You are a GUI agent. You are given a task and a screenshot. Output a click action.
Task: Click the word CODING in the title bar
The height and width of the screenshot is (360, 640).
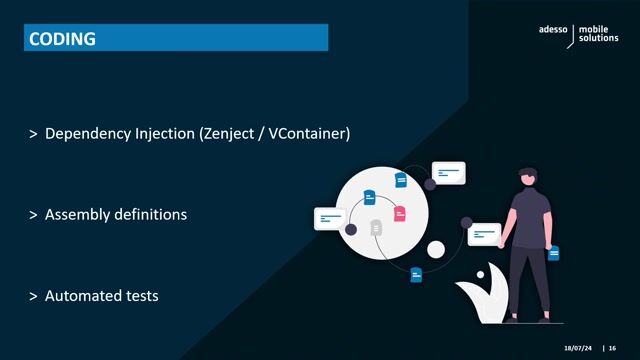point(62,39)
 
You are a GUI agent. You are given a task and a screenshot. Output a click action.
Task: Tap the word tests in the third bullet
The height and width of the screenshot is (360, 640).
point(141,296)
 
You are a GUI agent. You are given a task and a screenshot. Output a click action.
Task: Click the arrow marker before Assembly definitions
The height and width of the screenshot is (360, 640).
point(34,215)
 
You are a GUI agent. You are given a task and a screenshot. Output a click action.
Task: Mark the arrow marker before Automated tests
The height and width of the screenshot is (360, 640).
point(34,296)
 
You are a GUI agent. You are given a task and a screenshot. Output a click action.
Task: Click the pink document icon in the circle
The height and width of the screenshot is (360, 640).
point(399,214)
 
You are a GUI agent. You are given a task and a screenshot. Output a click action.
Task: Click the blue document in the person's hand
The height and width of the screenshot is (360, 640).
point(553,254)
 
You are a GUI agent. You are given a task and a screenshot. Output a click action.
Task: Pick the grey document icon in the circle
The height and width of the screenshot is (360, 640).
point(376,228)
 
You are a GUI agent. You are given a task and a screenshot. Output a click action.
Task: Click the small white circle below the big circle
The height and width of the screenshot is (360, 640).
point(436,249)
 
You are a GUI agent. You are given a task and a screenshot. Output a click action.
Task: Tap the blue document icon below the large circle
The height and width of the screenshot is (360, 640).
point(416,274)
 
